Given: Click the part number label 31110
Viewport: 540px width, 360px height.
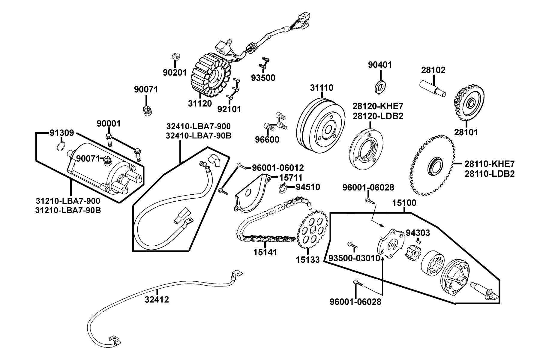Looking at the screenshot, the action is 322,88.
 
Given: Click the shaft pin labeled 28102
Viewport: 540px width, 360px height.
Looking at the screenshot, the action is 432,88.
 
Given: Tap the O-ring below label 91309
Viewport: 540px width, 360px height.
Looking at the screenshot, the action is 60,146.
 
